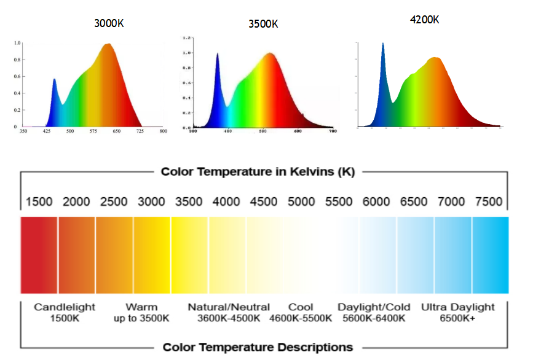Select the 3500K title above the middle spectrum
pyautogui.click(x=263, y=24)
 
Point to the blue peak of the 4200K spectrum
pyautogui.click(x=383, y=45)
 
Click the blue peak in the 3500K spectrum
pyautogui.click(x=218, y=55)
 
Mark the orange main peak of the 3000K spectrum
pyautogui.click(x=109, y=45)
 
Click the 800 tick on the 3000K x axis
pyautogui.click(x=163, y=131)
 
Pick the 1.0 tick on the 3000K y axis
pyautogui.click(x=17, y=43)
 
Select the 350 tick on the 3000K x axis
pyautogui.click(x=23, y=131)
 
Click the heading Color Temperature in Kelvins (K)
pyautogui.click(x=258, y=171)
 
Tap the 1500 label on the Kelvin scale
pyautogui.click(x=39, y=202)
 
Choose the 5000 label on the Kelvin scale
pyautogui.click(x=301, y=202)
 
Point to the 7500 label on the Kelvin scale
pyautogui.click(x=489, y=202)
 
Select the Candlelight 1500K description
pyautogui.click(x=65, y=312)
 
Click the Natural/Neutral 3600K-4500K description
pyautogui.click(x=229, y=312)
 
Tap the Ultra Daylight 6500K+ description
pyautogui.click(x=457, y=312)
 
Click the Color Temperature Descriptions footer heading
pyautogui.click(x=258, y=347)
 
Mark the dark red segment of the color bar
pyautogui.click(x=39, y=255)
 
